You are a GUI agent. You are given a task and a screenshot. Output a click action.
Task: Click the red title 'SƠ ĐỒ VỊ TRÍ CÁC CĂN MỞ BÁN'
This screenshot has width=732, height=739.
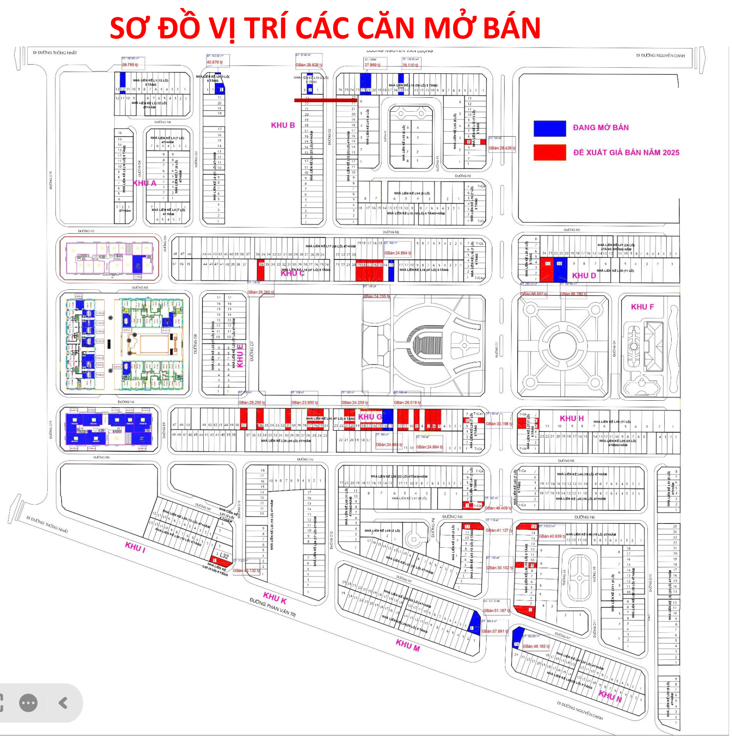coord(325,28)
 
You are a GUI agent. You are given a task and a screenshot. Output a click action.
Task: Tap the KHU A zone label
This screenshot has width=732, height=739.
coord(144,183)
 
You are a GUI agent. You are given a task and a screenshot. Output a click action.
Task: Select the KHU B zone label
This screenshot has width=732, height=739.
coord(282,125)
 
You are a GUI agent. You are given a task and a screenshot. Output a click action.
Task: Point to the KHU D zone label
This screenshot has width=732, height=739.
coord(584,275)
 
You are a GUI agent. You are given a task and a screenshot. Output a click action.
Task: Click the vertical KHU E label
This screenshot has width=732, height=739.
coord(240,356)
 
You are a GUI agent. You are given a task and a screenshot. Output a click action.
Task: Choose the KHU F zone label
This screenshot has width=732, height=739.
coord(642,307)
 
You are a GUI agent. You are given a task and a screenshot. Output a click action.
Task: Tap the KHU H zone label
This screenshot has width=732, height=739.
coord(571,418)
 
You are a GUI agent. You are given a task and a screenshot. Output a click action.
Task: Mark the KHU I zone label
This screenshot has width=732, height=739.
coord(135,547)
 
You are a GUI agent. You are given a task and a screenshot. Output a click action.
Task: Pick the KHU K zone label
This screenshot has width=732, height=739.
coord(275,598)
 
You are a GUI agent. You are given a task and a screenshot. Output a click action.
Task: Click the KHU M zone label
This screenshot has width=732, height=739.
coord(407,645)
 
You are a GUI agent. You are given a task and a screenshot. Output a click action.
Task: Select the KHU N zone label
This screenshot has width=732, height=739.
coord(610,696)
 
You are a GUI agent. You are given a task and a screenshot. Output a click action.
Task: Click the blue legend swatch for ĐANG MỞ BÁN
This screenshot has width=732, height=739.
coord(549,128)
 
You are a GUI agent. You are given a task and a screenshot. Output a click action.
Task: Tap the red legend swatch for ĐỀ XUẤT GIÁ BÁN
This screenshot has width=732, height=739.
coord(549,152)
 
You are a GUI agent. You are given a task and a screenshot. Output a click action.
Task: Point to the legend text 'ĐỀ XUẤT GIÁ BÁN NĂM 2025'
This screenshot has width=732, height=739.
coord(626,153)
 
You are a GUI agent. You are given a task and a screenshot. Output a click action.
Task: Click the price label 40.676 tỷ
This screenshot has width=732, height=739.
coord(215,62)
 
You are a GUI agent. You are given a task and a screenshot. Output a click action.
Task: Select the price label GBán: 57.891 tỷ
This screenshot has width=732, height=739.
coord(495,631)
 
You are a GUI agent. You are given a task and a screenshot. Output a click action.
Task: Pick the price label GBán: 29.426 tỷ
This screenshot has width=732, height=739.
coord(502,148)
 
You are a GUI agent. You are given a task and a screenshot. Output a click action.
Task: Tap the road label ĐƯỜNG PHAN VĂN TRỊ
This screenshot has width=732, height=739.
coord(273,607)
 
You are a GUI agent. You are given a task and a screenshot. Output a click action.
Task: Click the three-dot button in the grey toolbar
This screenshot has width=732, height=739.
coord(28,703)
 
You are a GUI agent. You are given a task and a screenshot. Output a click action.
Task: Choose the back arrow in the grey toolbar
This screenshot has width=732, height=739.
coord(63,703)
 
